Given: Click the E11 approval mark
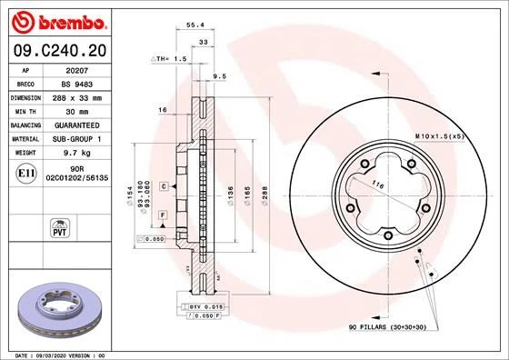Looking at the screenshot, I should point(27,172).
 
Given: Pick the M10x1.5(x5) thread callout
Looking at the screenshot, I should point(440,135).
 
